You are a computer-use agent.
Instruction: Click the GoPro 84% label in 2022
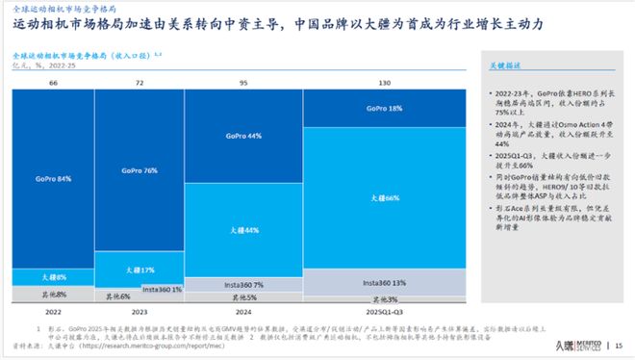53,179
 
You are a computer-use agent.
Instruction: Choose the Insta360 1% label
163,288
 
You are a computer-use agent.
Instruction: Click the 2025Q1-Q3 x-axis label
384,314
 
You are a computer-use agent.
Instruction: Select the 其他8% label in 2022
53,292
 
